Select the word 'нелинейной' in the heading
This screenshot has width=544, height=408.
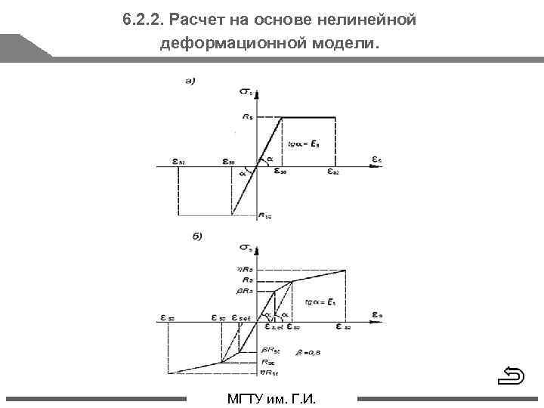click(365, 20)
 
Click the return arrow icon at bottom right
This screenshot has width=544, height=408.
click(513, 375)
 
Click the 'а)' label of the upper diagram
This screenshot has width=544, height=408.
click(190, 81)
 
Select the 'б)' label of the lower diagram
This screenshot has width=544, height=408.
click(197, 236)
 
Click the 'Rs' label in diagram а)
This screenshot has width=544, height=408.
click(246, 117)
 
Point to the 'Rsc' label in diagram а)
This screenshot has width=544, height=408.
click(264, 216)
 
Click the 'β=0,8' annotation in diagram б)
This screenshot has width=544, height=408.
click(308, 350)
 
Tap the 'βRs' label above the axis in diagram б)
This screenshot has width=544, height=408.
click(245, 291)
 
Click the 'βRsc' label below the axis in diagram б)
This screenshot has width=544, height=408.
click(270, 349)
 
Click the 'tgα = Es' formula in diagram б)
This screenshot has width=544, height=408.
click(320, 301)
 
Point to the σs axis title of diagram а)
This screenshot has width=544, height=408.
click(246, 93)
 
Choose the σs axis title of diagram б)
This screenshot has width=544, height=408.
click(246, 247)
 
